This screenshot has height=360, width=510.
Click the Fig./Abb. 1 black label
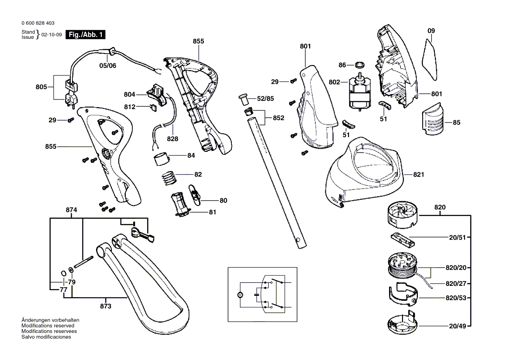point(85,35)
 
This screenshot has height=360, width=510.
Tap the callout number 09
point(431,31)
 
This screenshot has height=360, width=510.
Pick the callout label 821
point(419,175)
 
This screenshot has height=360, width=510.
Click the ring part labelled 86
point(359,65)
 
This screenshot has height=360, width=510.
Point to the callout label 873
point(106,306)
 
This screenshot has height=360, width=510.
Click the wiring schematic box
point(262,295)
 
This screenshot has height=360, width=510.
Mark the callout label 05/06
point(107,65)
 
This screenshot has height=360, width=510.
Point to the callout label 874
point(72,210)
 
